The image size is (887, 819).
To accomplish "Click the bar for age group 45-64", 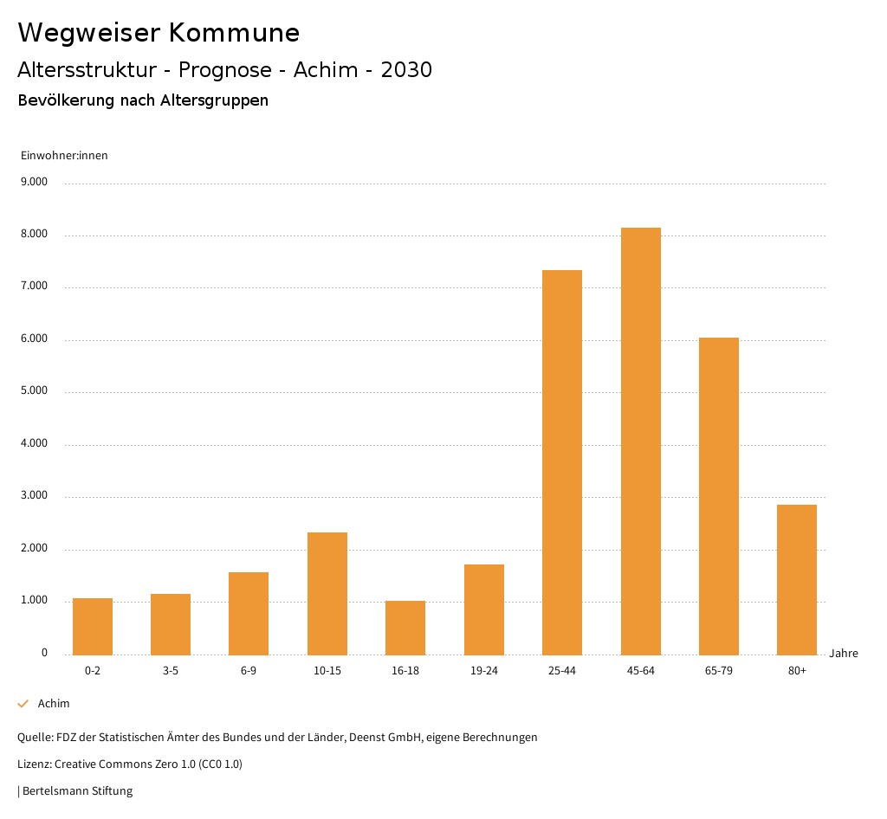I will (x=640, y=441).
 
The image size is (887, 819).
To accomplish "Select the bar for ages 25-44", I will (x=562, y=462).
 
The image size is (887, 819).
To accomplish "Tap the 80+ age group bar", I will (x=797, y=579).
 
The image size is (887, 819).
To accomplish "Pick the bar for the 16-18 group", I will (x=405, y=628).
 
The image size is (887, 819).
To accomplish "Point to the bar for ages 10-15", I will (x=327, y=593).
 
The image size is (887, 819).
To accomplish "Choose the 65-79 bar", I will (x=719, y=496).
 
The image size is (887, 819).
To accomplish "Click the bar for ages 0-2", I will (x=93, y=626).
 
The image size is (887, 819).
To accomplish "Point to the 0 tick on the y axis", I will (x=44, y=654).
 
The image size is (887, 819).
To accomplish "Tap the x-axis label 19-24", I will (x=483, y=671).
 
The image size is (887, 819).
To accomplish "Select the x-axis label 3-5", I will (x=171, y=671).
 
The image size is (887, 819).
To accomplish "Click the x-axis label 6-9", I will (x=249, y=671).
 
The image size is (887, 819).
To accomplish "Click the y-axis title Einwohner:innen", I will (x=64, y=156).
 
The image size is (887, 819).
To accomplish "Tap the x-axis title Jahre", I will (x=844, y=654).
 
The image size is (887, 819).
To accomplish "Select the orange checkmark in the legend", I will (x=23, y=704).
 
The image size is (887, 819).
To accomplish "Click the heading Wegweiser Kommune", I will (x=159, y=33).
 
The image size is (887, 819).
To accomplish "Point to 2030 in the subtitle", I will (x=406, y=70).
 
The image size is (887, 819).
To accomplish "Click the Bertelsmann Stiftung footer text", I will (x=77, y=791).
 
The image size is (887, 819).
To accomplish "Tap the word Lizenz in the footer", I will (x=34, y=764).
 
